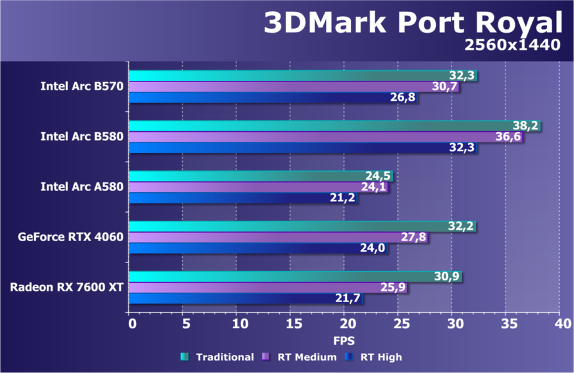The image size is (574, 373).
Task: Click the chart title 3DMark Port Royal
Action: [412, 23]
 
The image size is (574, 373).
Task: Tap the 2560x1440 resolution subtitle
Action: [512, 47]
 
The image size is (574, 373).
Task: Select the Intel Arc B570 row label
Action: [82, 86]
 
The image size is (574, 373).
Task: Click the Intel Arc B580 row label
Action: [82, 136]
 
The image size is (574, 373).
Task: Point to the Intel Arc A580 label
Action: [82, 186]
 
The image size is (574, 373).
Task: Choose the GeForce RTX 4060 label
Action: [70, 237]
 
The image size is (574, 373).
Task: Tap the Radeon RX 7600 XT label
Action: [67, 287]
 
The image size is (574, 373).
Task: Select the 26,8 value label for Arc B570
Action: [403, 98]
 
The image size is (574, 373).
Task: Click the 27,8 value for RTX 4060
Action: [414, 237]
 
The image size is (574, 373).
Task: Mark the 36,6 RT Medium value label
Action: [509, 137]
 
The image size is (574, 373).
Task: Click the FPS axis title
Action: [345, 341]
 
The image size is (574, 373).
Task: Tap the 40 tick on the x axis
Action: [563, 324]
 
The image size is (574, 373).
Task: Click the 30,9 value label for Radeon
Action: [447, 276]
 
